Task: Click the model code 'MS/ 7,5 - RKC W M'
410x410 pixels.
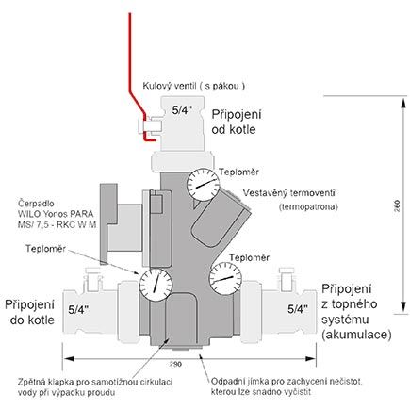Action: (x=59, y=225)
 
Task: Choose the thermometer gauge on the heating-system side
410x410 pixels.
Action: (x=222, y=282)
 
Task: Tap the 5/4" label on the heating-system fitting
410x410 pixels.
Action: (x=294, y=308)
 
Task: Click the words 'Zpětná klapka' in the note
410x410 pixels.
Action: (x=44, y=382)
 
